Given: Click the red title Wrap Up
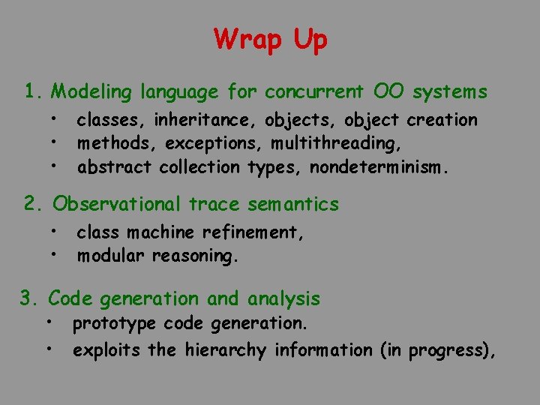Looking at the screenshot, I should (270, 39).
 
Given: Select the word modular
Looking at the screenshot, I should (112, 256).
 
